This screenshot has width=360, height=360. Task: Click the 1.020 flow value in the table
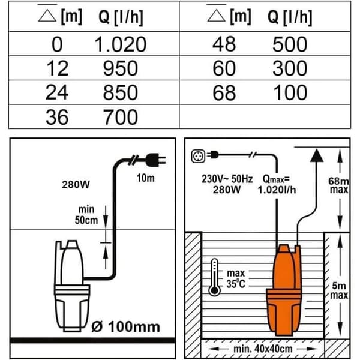pyautogui.click(x=121, y=44)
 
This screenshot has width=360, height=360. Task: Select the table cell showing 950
pyautogui.click(x=121, y=68)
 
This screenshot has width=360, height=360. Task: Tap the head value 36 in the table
pyautogui.click(x=57, y=117)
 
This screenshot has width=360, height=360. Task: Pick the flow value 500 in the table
pyautogui.click(x=290, y=44)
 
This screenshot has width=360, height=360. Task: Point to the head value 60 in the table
pyautogui.click(x=224, y=68)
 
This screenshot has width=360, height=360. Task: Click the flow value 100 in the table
pyautogui.click(x=290, y=93)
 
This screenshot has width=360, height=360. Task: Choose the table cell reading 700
pyautogui.click(x=121, y=117)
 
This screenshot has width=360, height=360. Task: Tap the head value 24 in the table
pyautogui.click(x=57, y=93)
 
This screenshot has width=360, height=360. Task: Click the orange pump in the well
pyautogui.click(x=284, y=289)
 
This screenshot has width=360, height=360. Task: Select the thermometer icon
pyautogui.click(x=214, y=277)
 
